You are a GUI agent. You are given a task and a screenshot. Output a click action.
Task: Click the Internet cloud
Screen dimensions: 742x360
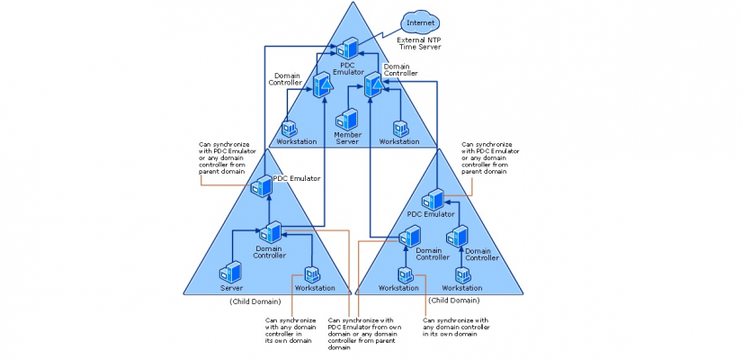pos(420,22)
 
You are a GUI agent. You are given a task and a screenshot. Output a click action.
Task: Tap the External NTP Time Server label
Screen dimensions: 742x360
pos(419,43)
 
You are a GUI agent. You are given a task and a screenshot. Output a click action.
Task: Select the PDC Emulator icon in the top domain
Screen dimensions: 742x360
pos(347,49)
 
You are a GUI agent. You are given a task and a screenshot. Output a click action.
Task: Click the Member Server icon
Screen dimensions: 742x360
pos(347,120)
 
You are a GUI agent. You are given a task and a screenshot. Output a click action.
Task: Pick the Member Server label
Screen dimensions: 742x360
pos(347,138)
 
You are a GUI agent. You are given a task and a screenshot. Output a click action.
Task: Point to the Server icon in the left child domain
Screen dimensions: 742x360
pos(230,273)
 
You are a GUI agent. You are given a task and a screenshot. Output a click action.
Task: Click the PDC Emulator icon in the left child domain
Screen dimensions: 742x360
pos(261,186)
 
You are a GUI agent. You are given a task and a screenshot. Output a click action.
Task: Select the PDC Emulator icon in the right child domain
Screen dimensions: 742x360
pos(433,200)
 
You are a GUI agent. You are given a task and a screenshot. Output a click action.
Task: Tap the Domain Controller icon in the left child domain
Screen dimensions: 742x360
pos(270,232)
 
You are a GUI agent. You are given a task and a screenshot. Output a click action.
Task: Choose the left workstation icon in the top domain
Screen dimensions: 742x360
pos(289,129)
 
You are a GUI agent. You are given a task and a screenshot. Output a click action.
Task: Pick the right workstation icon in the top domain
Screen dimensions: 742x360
pos(400,129)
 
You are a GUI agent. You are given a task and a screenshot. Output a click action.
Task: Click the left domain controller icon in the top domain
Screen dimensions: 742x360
pos(322,85)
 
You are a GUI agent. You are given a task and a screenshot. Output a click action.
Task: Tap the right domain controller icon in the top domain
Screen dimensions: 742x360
pos(374,85)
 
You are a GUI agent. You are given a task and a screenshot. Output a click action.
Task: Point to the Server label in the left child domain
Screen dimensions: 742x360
pos(231,288)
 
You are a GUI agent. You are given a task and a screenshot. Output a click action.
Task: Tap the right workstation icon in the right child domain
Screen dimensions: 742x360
pos(462,274)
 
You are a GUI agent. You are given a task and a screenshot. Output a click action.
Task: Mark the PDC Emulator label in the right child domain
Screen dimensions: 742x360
pos(431,214)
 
